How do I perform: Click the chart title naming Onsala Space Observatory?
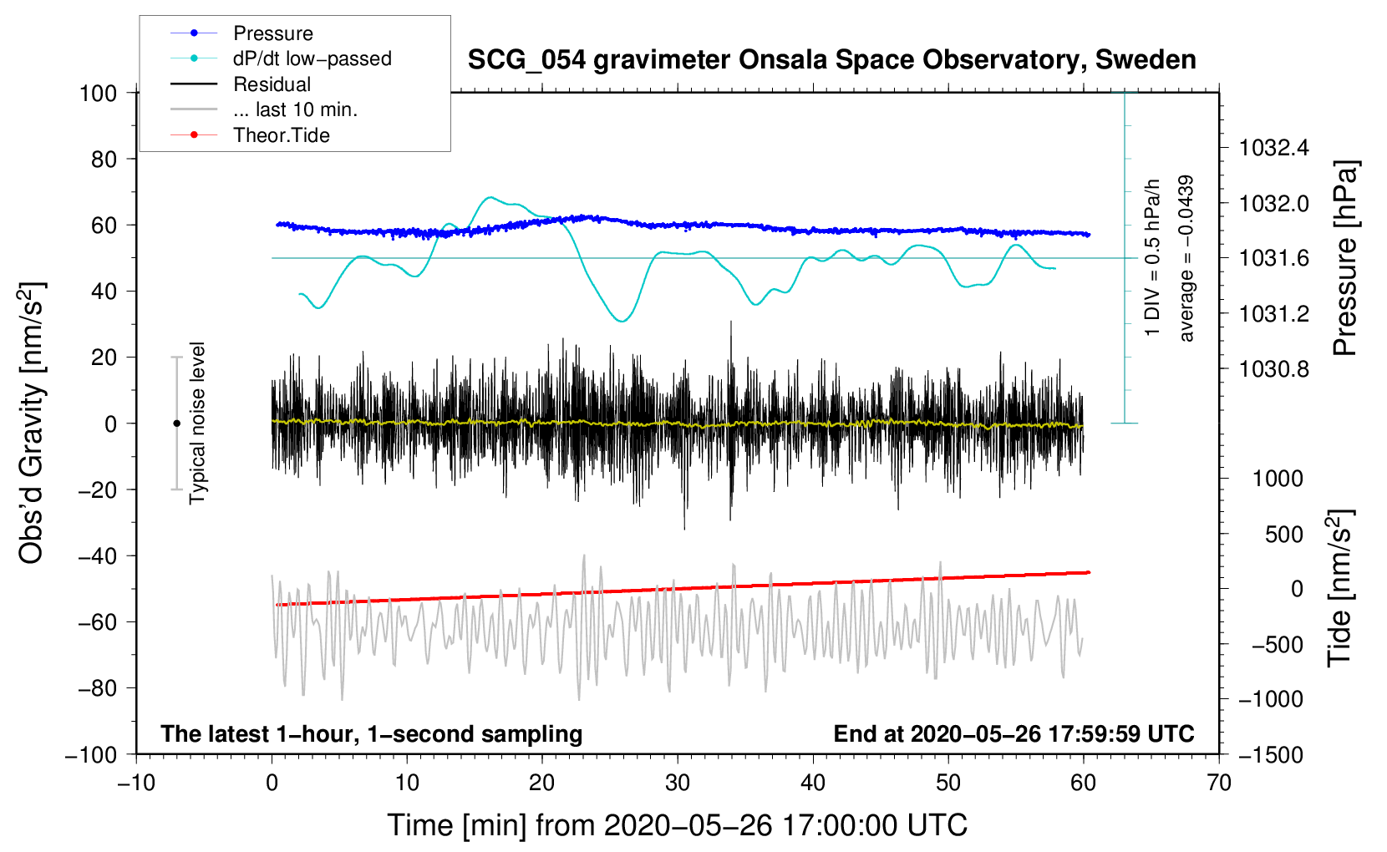click(831, 60)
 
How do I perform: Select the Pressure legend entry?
click(272, 33)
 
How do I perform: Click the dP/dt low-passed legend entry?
click(312, 58)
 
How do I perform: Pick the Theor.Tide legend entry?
click(281, 135)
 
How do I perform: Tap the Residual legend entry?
click(272, 84)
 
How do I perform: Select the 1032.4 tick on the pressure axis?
click(1274, 149)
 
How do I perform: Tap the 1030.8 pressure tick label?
click(1274, 369)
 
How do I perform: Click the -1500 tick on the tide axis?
click(1271, 755)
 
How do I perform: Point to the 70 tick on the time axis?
click(1219, 783)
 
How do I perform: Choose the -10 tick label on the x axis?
click(136, 783)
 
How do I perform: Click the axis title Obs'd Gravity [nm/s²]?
click(32, 423)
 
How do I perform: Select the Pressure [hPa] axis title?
click(1345, 259)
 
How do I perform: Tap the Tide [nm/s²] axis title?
click(1340, 588)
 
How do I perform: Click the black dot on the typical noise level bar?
click(176, 423)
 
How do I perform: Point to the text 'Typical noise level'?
click(197, 423)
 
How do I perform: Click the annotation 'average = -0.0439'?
click(1186, 259)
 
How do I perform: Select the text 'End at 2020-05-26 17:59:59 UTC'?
click(1014, 733)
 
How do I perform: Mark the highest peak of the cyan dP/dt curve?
click(490, 198)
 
